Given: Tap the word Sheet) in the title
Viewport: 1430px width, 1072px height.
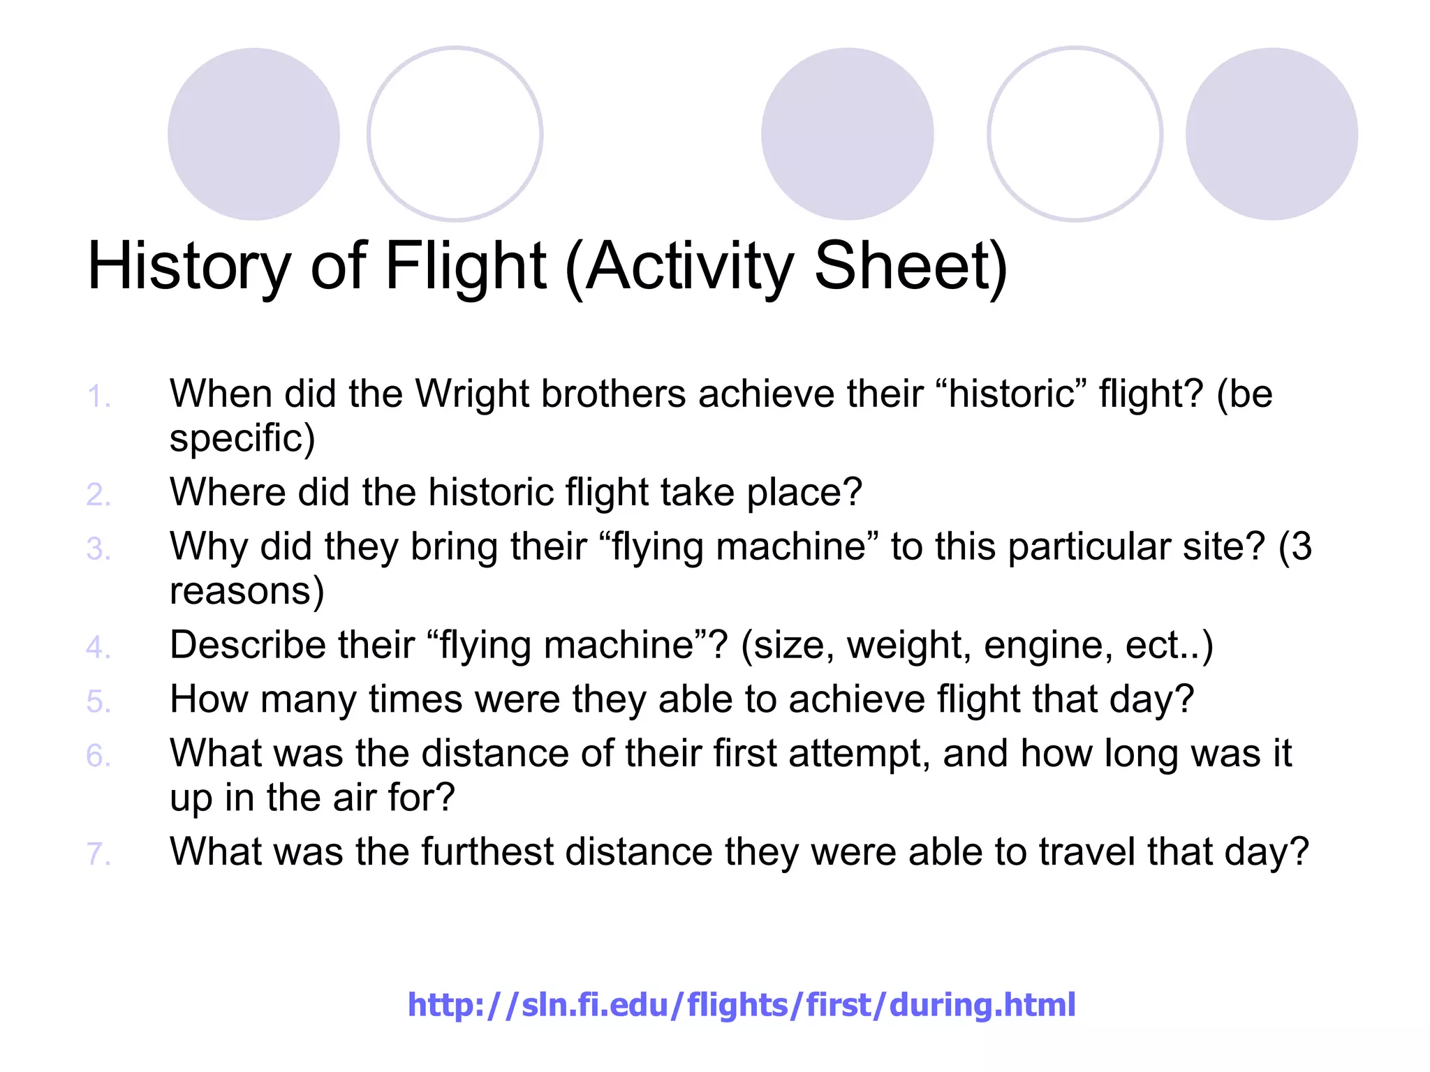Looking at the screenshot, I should pos(911,267).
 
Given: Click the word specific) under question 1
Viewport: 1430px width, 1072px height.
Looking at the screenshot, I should pos(242,439).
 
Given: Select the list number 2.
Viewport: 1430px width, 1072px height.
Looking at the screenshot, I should pos(98,495).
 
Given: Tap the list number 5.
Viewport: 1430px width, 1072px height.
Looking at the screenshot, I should pos(98,701).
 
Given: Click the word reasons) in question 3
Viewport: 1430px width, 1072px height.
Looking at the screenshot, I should pos(246,592).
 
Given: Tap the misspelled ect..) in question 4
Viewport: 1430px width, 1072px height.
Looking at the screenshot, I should pos(1169,646).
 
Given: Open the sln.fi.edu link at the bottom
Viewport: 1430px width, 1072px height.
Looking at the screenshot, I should pos(741,1005).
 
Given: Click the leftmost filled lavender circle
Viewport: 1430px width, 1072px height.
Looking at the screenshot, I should pos(253,134).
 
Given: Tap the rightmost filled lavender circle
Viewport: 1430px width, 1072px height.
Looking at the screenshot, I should pos(1271,134).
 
